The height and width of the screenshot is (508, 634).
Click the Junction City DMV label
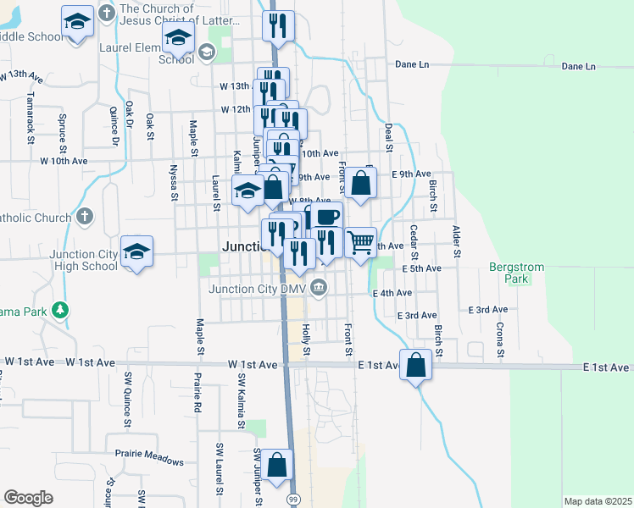(x=256, y=289)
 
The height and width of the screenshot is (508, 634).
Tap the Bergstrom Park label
(x=515, y=272)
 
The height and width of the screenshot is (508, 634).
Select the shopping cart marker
(x=361, y=243)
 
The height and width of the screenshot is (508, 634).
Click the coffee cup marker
(x=326, y=217)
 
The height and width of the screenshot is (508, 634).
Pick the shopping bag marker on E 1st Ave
(x=416, y=366)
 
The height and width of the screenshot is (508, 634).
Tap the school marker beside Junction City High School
(x=136, y=251)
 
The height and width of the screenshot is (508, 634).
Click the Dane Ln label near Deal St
(x=413, y=64)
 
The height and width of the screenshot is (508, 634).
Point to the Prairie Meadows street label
(x=149, y=461)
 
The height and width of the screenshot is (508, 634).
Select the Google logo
(x=28, y=498)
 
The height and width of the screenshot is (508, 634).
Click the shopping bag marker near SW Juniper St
(x=276, y=466)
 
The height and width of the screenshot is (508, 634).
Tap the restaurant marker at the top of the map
(x=278, y=26)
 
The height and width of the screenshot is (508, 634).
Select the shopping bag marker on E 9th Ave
(x=360, y=183)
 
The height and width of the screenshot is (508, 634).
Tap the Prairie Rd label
(x=197, y=389)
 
